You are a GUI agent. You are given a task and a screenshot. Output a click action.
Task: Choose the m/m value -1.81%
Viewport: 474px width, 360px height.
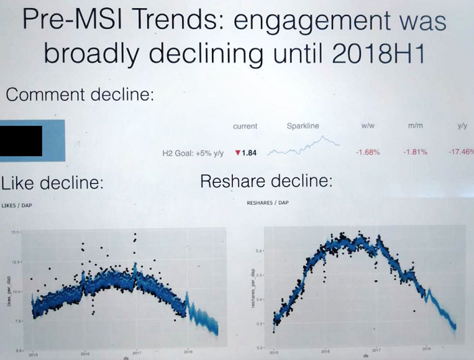415,152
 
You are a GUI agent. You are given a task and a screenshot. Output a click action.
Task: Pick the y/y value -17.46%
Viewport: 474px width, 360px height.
460,152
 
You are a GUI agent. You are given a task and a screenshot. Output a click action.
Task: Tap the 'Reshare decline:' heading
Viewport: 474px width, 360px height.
266,181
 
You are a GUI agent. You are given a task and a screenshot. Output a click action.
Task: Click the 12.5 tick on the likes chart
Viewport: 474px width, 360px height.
16,261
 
